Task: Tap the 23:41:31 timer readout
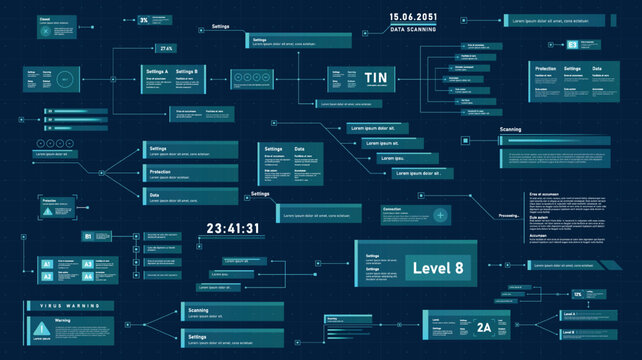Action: click(232, 229)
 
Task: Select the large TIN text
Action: click(376, 78)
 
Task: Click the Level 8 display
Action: click(438, 267)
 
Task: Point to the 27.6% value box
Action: click(166, 48)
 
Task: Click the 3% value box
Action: click(144, 20)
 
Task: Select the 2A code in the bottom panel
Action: click(484, 327)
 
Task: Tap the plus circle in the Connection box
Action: click(441, 215)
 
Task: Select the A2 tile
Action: click(46, 276)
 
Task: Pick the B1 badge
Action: click(88, 236)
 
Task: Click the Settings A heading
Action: click(157, 72)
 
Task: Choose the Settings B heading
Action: click(187, 72)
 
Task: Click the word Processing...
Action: click(508, 216)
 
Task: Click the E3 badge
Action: click(572, 44)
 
